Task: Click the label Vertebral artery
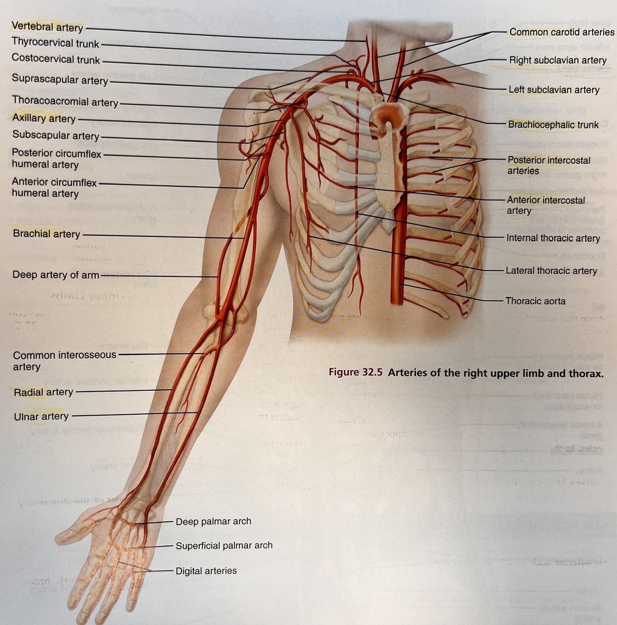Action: coord(47,27)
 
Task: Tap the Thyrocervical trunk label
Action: coord(55,43)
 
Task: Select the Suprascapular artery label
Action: coord(60,80)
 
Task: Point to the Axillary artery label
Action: coord(44,118)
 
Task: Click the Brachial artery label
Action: coord(46,234)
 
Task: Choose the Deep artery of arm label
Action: coord(56,275)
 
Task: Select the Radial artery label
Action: coord(43,392)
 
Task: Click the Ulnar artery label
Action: coord(41,417)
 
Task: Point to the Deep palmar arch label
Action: coord(213,521)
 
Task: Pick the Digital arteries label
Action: coord(206,571)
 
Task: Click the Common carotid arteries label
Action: coord(561,32)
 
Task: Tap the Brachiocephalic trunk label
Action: coord(553,125)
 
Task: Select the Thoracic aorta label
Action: coord(535,301)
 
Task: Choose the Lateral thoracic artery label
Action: coord(551,271)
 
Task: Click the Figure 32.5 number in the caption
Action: coord(355,373)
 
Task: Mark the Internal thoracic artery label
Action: coord(553,238)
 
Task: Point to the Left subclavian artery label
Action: coord(554,90)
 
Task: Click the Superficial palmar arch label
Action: coord(224,546)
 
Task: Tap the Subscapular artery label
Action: coord(56,135)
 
